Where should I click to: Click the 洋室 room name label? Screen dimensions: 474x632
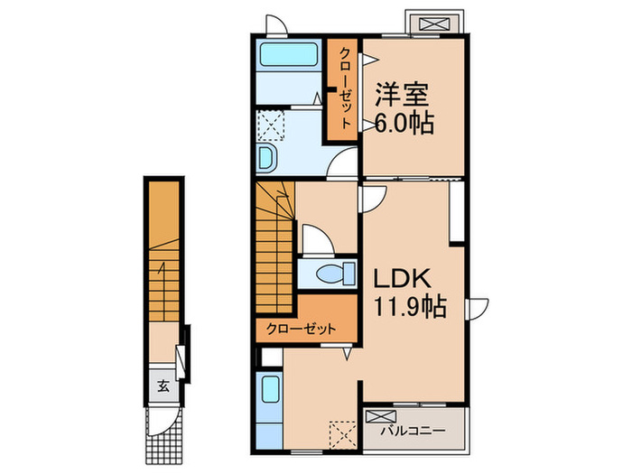(x=403, y=93)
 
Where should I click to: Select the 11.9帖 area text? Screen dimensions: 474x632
(x=409, y=307)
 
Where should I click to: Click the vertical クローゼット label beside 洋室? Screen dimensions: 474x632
(x=345, y=88)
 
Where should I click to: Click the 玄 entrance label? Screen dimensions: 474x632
(x=164, y=386)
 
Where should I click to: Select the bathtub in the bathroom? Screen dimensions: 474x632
(x=286, y=57)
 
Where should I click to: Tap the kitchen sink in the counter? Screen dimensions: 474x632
(x=269, y=394)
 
